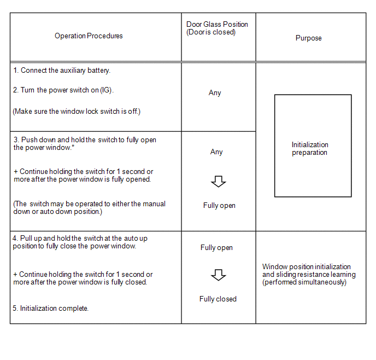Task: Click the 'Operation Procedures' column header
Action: [x=89, y=36]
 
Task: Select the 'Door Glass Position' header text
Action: [x=217, y=25]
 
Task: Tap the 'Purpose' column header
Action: [x=308, y=38]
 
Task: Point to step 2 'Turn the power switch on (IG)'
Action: [x=63, y=90]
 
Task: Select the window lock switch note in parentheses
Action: [x=77, y=112]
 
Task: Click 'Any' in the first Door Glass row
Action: [x=215, y=93]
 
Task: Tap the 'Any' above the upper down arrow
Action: [x=216, y=152]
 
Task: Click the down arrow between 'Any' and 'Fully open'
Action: [x=218, y=182]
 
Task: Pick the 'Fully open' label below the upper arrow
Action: [x=219, y=206]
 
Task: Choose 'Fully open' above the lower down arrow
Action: [x=216, y=248]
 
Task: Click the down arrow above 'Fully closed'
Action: [x=218, y=275]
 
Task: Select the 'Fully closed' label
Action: [x=218, y=299]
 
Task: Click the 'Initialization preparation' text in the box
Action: [x=310, y=149]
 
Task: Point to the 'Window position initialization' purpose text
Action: [x=307, y=267]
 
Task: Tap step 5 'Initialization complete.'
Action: [x=51, y=309]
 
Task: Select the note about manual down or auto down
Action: [x=89, y=208]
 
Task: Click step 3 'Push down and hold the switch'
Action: [x=85, y=143]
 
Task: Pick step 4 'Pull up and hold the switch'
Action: [x=80, y=242]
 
